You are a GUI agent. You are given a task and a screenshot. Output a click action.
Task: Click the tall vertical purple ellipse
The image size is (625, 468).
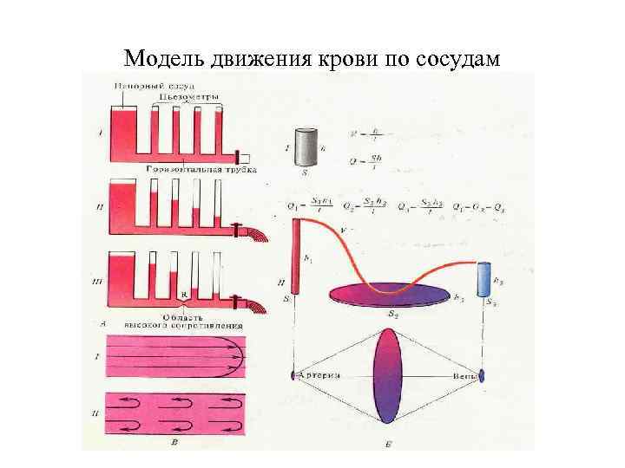[387, 375]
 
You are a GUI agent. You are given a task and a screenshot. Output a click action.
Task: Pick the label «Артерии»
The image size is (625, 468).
[321, 375]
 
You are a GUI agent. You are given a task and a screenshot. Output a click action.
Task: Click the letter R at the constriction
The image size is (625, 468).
[184, 295]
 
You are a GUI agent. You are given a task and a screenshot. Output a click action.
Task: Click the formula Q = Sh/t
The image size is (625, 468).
[365, 159]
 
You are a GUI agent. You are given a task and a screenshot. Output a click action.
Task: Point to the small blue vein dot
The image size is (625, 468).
[482, 376]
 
